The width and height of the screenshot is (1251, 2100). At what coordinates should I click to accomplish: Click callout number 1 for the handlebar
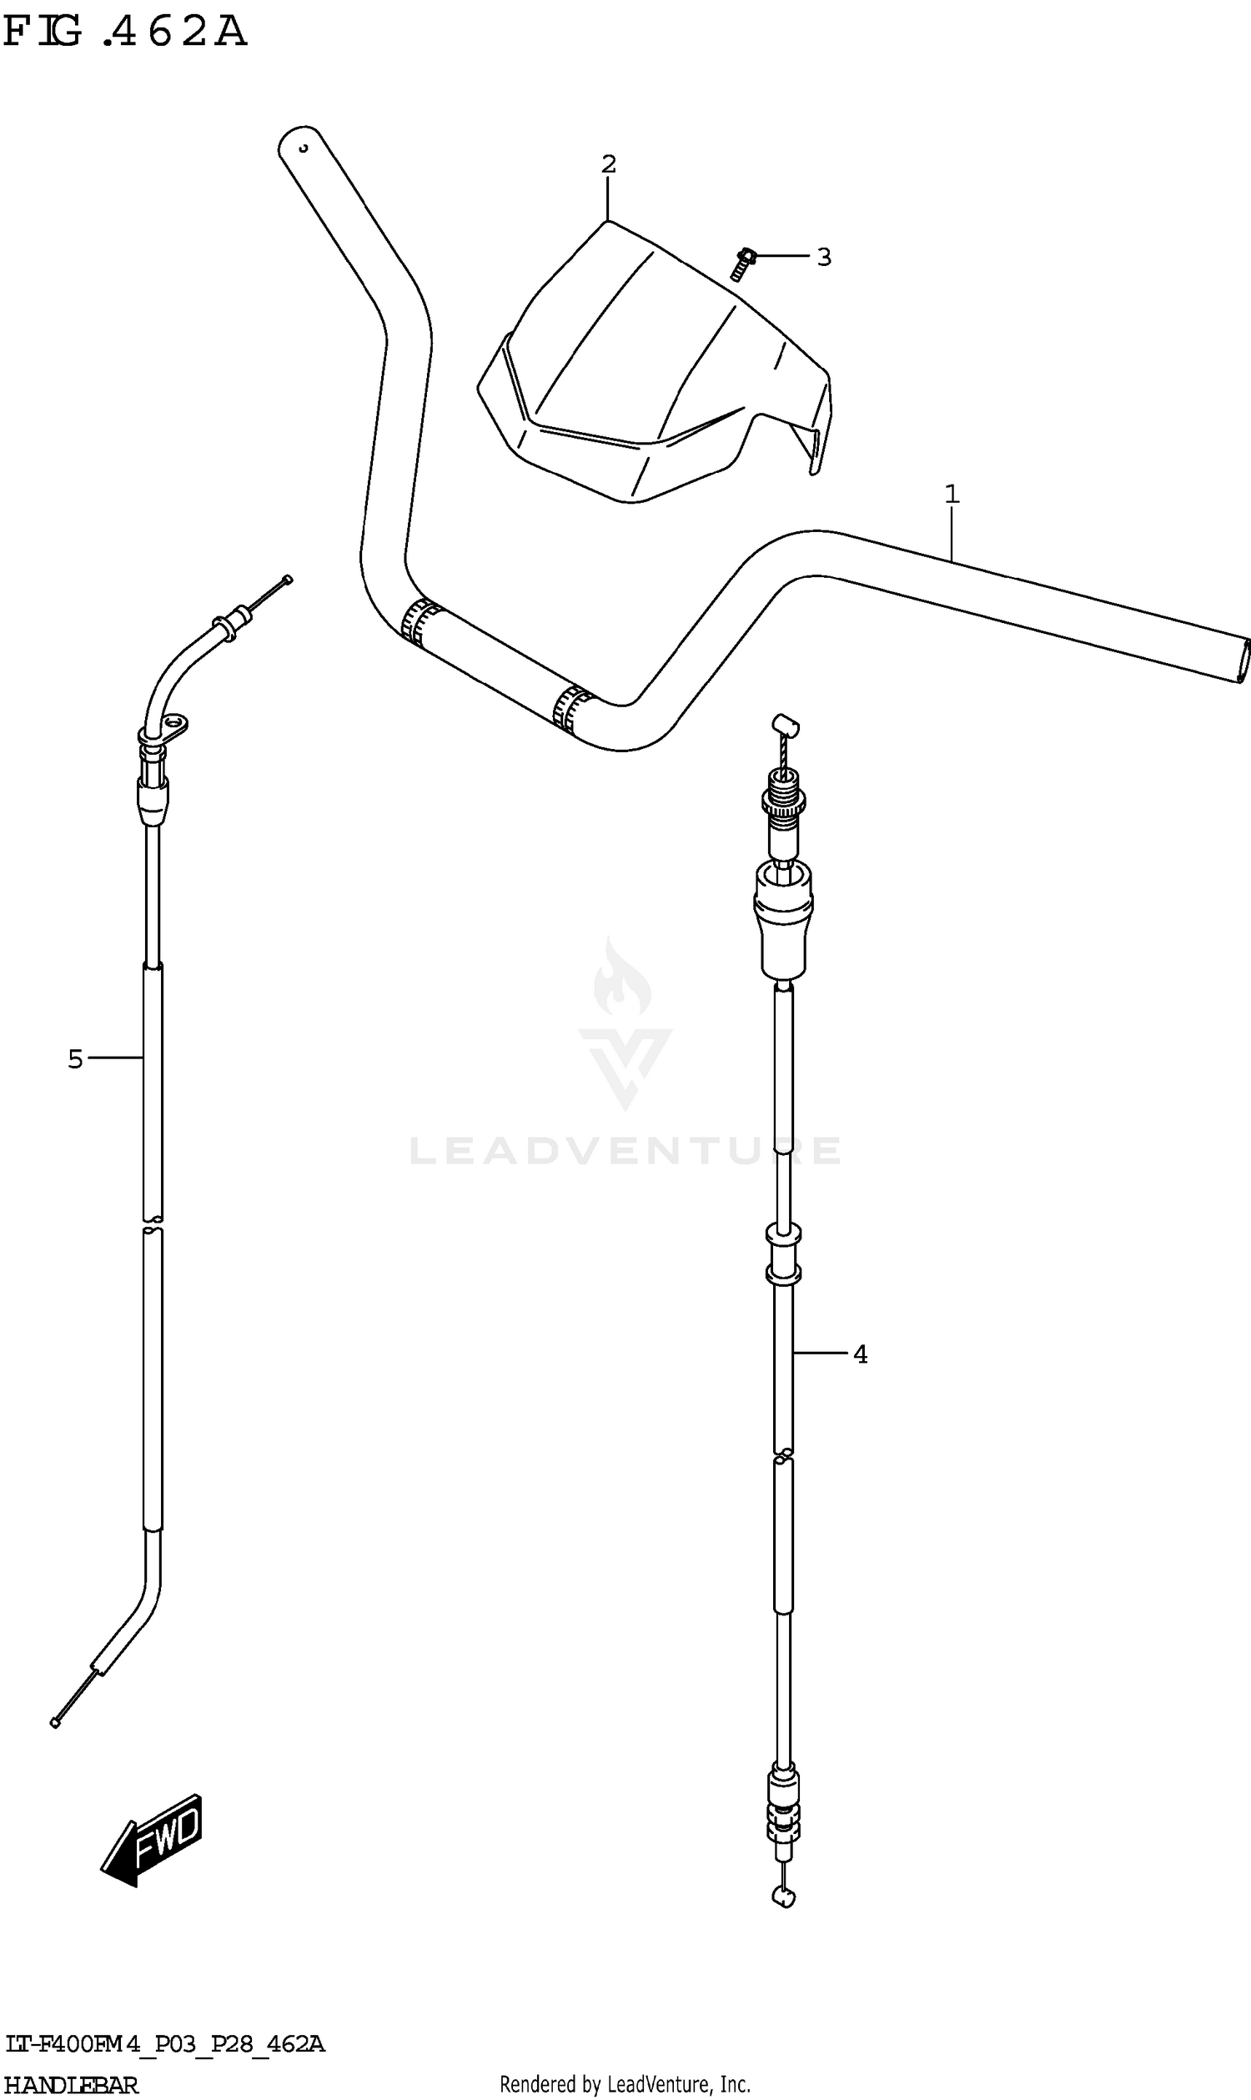coord(952,494)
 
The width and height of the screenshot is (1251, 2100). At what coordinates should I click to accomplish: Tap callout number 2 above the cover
coord(609,164)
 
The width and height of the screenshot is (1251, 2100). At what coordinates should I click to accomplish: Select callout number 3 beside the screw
coord(825,257)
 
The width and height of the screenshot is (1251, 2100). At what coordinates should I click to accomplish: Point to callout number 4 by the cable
coord(860,1354)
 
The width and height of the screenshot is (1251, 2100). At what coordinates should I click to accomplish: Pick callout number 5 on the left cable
coord(76,1059)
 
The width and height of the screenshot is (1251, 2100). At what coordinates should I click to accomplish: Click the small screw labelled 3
coord(742,264)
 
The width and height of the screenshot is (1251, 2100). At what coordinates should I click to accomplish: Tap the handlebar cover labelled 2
coord(655,363)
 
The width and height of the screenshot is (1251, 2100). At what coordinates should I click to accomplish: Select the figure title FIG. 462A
coord(125,32)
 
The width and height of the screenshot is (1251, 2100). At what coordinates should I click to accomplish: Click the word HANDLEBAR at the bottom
coord(72,2085)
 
